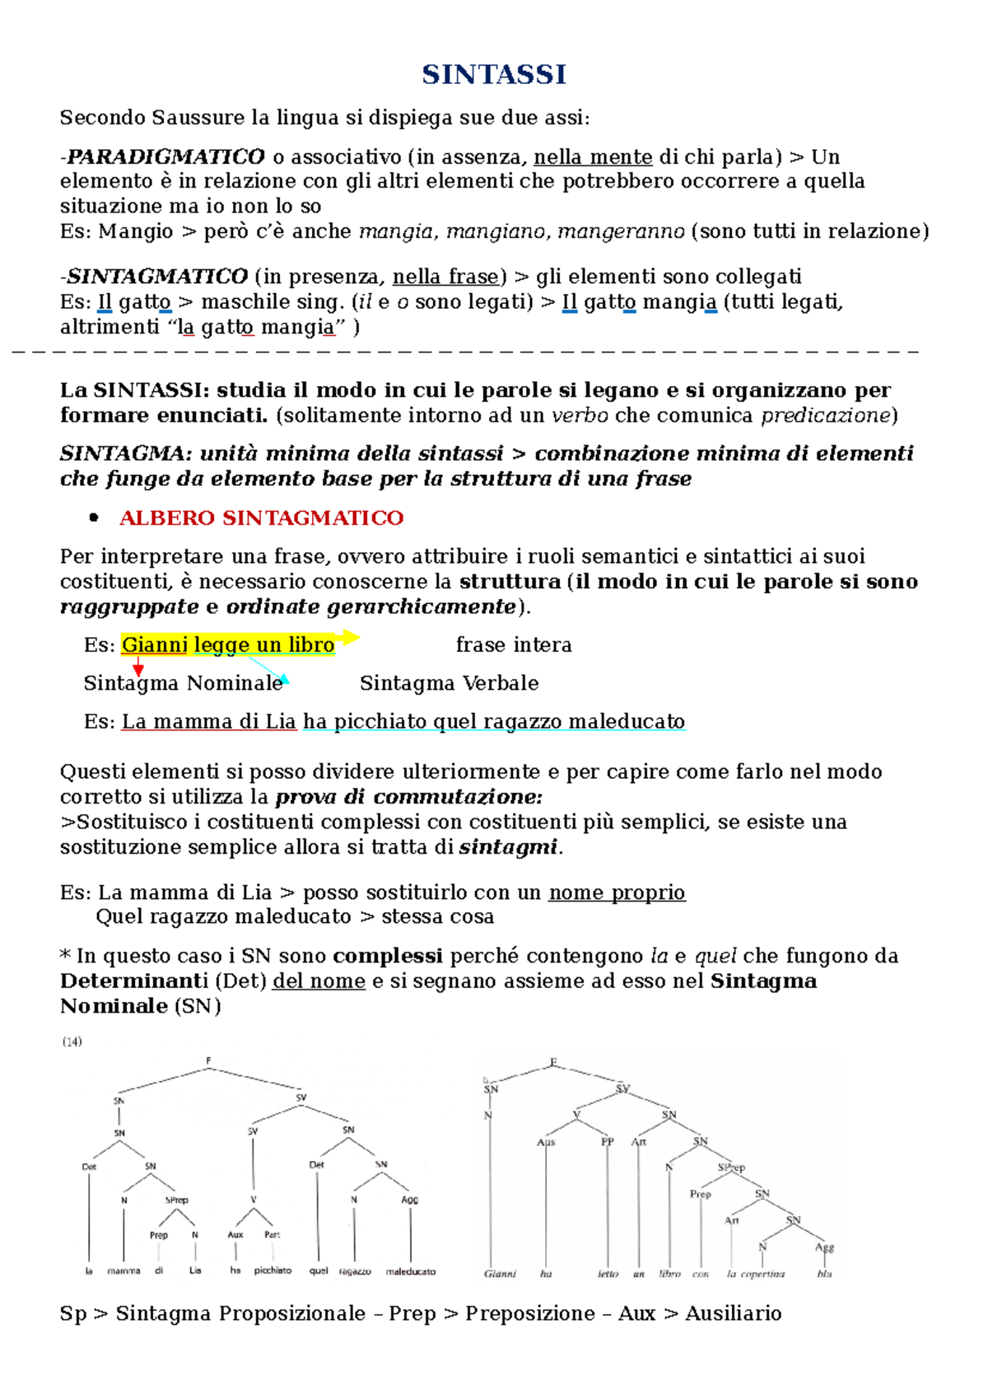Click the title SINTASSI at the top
point(494,74)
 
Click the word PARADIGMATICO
point(165,156)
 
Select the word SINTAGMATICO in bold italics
point(157,276)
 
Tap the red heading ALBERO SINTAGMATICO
point(261,518)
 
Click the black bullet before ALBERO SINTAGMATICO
point(94,518)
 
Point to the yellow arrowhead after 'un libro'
point(352,636)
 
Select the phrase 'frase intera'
point(514,645)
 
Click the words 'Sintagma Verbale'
point(449,683)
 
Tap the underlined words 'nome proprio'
point(617,892)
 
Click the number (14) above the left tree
point(72,1042)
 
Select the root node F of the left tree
point(208,1061)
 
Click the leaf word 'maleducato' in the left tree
point(410,1271)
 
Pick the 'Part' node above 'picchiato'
point(273,1234)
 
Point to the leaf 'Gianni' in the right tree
point(500,1274)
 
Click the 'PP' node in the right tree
point(608,1142)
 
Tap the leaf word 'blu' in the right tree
point(824,1274)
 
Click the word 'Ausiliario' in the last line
point(733,1313)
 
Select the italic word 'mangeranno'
point(621,231)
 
